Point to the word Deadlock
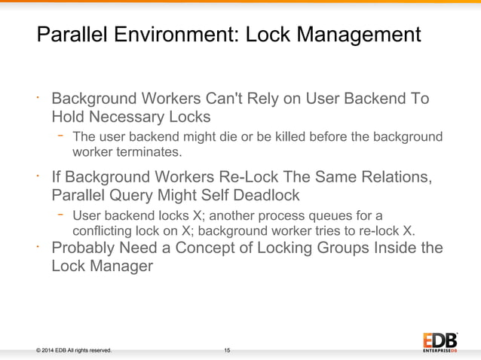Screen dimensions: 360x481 coord(262,196)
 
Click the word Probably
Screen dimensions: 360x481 coord(85,248)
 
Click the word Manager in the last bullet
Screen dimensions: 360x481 coord(118,266)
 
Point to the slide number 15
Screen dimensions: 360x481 coord(227,350)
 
